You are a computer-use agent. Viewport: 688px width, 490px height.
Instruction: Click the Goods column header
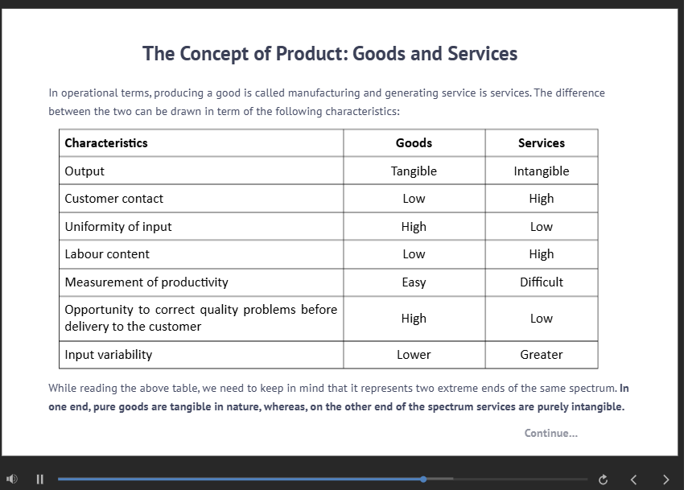[x=414, y=143]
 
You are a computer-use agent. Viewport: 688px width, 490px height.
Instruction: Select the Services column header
[x=541, y=143]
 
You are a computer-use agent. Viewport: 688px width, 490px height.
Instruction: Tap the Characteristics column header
[x=106, y=143]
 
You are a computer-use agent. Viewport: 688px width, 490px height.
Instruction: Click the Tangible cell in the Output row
[x=414, y=171]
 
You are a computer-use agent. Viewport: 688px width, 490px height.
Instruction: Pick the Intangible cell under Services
[x=541, y=171]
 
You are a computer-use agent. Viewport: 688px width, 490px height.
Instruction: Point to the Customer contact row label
[x=113, y=199]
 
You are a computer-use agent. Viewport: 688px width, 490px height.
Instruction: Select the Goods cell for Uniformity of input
[x=414, y=227]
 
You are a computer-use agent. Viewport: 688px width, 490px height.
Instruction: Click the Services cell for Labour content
[x=541, y=254]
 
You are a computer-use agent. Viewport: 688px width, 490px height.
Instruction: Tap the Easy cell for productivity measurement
[x=414, y=282]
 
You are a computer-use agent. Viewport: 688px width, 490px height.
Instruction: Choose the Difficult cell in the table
[x=541, y=282]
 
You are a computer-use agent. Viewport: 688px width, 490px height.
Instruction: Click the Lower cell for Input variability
[x=414, y=355]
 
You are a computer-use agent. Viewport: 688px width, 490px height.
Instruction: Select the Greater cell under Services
[x=541, y=355]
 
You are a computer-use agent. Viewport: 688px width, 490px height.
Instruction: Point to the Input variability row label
[x=109, y=355]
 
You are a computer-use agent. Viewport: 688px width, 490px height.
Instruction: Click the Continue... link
[x=550, y=433]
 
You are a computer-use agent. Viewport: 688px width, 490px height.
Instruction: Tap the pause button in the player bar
[x=40, y=479]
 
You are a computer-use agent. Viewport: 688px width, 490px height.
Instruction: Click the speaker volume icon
[x=12, y=479]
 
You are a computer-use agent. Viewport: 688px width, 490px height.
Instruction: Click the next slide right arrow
[x=665, y=480]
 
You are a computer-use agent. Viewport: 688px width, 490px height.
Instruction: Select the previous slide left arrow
[x=633, y=480]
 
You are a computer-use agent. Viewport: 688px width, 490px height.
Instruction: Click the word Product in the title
[x=311, y=54]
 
